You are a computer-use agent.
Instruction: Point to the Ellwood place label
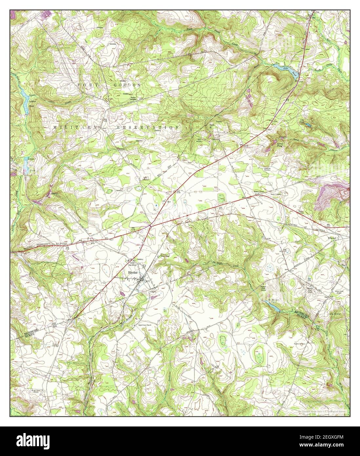(332, 238)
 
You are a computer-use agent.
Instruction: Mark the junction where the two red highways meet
(150, 226)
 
